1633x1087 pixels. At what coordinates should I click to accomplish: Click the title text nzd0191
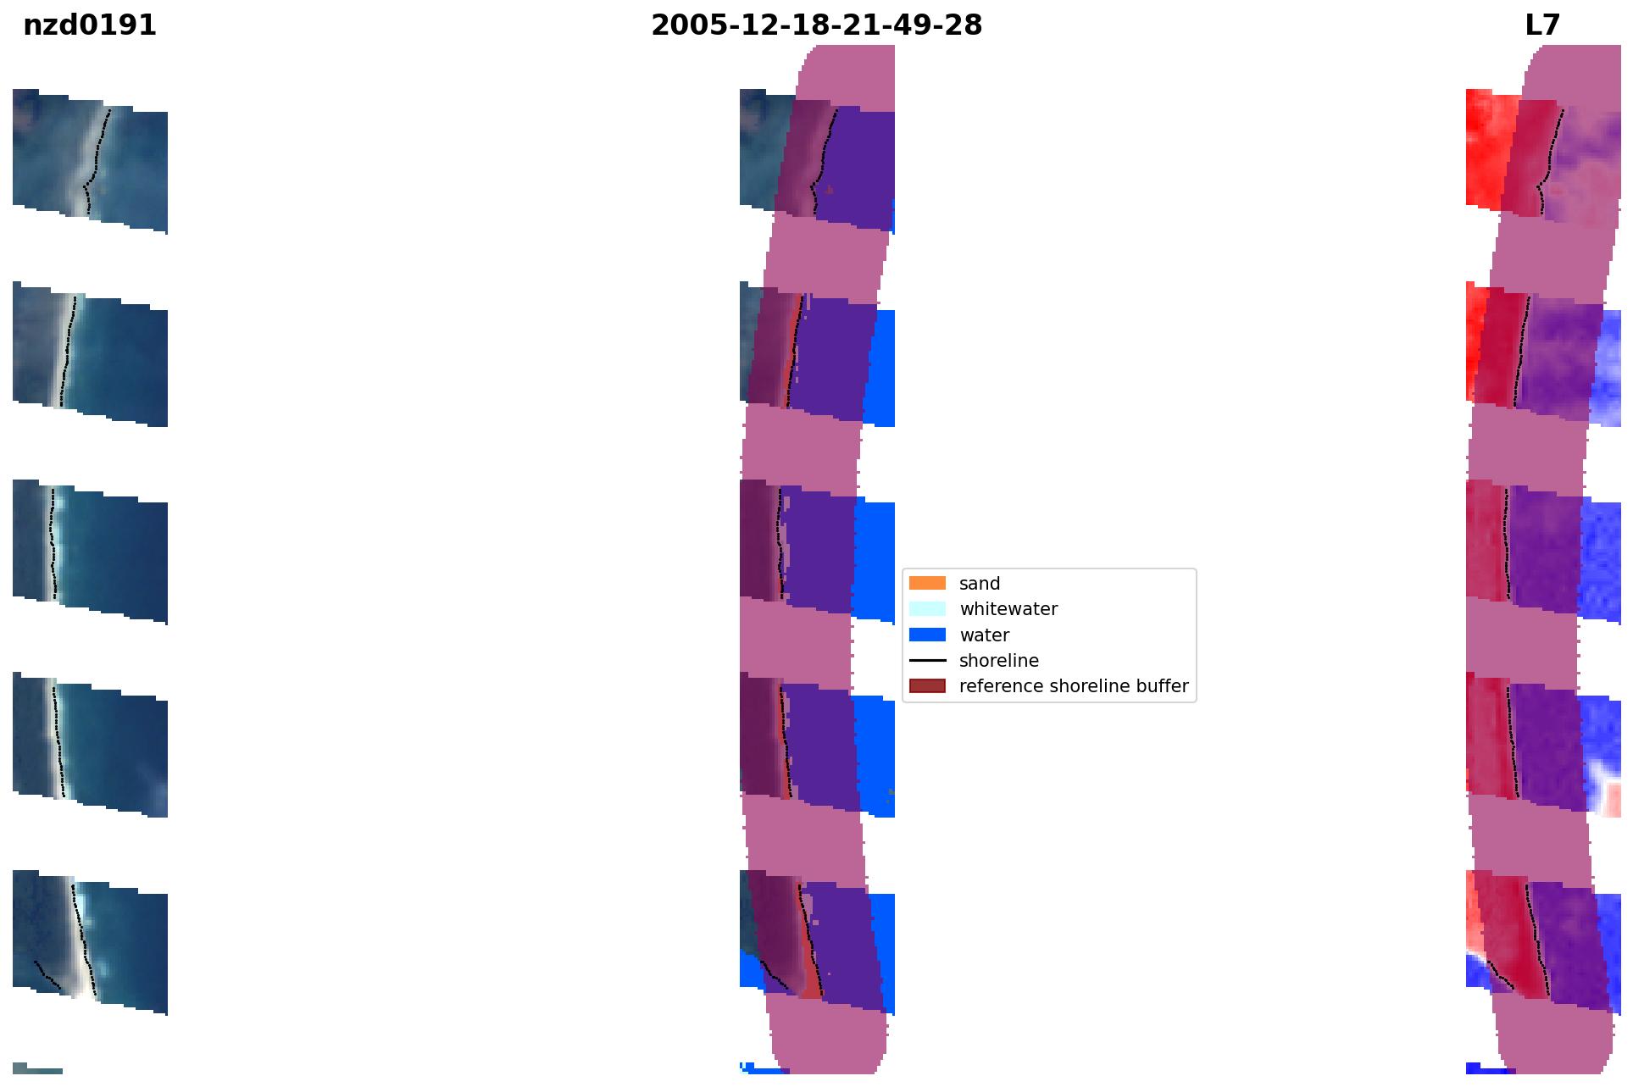(x=90, y=25)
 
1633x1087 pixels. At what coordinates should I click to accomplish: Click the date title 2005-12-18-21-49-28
(x=816, y=25)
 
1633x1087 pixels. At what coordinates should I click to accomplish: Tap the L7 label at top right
(x=1542, y=25)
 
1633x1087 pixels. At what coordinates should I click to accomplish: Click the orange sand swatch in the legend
(x=927, y=583)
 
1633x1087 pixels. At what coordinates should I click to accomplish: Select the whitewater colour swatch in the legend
(x=927, y=608)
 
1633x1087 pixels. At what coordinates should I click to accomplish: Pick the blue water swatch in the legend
(x=927, y=635)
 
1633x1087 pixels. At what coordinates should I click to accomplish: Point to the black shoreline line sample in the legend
(x=927, y=660)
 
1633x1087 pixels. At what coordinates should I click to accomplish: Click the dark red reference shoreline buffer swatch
(x=927, y=685)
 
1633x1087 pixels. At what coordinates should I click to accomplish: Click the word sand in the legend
(x=980, y=584)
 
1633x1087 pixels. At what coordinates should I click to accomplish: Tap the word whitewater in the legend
(x=1008, y=609)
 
